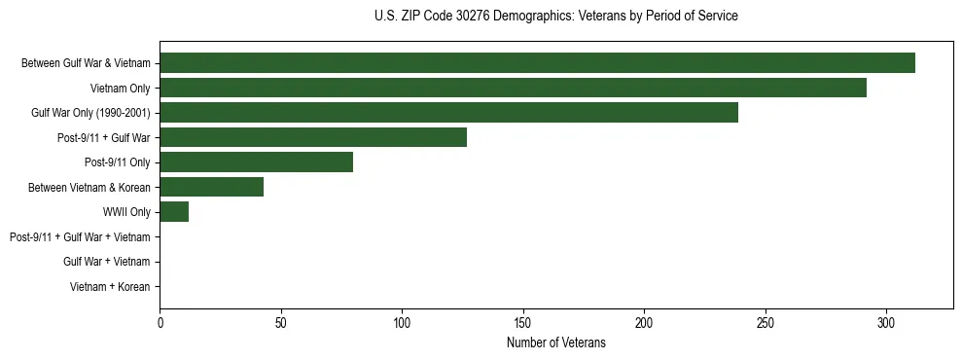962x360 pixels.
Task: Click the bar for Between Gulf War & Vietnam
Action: click(x=537, y=63)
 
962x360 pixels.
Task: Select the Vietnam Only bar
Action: click(x=513, y=88)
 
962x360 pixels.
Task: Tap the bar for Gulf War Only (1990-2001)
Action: click(x=448, y=113)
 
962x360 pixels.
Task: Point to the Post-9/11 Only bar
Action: click(x=256, y=162)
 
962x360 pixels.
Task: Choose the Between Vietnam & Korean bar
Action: click(x=211, y=187)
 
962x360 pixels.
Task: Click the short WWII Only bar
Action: click(x=174, y=212)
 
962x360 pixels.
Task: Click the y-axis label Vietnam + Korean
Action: click(x=110, y=287)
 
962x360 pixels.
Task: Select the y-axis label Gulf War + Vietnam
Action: click(x=106, y=262)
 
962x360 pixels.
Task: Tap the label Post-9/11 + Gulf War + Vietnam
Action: click(x=80, y=237)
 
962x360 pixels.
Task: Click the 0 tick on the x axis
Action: click(x=160, y=321)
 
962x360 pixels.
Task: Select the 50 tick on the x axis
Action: click(x=281, y=321)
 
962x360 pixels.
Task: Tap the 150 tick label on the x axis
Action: click(x=523, y=321)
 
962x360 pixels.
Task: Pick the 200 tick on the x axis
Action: click(x=644, y=321)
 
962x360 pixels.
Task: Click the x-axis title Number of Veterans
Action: click(x=555, y=342)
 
